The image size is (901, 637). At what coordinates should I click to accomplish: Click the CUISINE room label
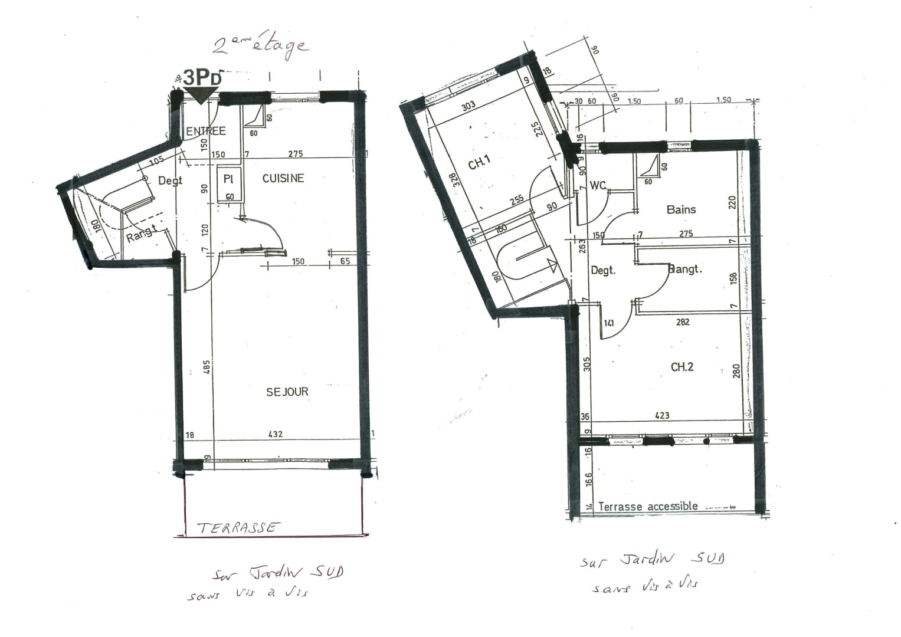(283, 178)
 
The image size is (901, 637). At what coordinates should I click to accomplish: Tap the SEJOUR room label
(287, 392)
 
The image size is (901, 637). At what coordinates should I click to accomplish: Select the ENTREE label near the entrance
(206, 131)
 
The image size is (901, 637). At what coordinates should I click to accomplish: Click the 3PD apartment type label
(203, 78)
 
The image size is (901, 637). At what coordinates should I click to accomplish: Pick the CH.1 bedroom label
(480, 163)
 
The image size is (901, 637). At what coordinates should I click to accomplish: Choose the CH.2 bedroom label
(682, 367)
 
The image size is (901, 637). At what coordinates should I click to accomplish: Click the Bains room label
(681, 209)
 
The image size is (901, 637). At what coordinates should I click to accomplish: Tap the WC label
(598, 186)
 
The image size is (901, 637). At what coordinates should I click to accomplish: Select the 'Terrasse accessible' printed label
(648, 506)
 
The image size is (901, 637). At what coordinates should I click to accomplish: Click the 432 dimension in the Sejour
(276, 434)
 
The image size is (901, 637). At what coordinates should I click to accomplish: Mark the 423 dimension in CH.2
(662, 415)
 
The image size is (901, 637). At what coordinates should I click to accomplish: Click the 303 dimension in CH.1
(468, 107)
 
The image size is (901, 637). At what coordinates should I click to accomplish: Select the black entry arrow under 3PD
(201, 96)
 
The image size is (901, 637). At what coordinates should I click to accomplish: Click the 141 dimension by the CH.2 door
(610, 323)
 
